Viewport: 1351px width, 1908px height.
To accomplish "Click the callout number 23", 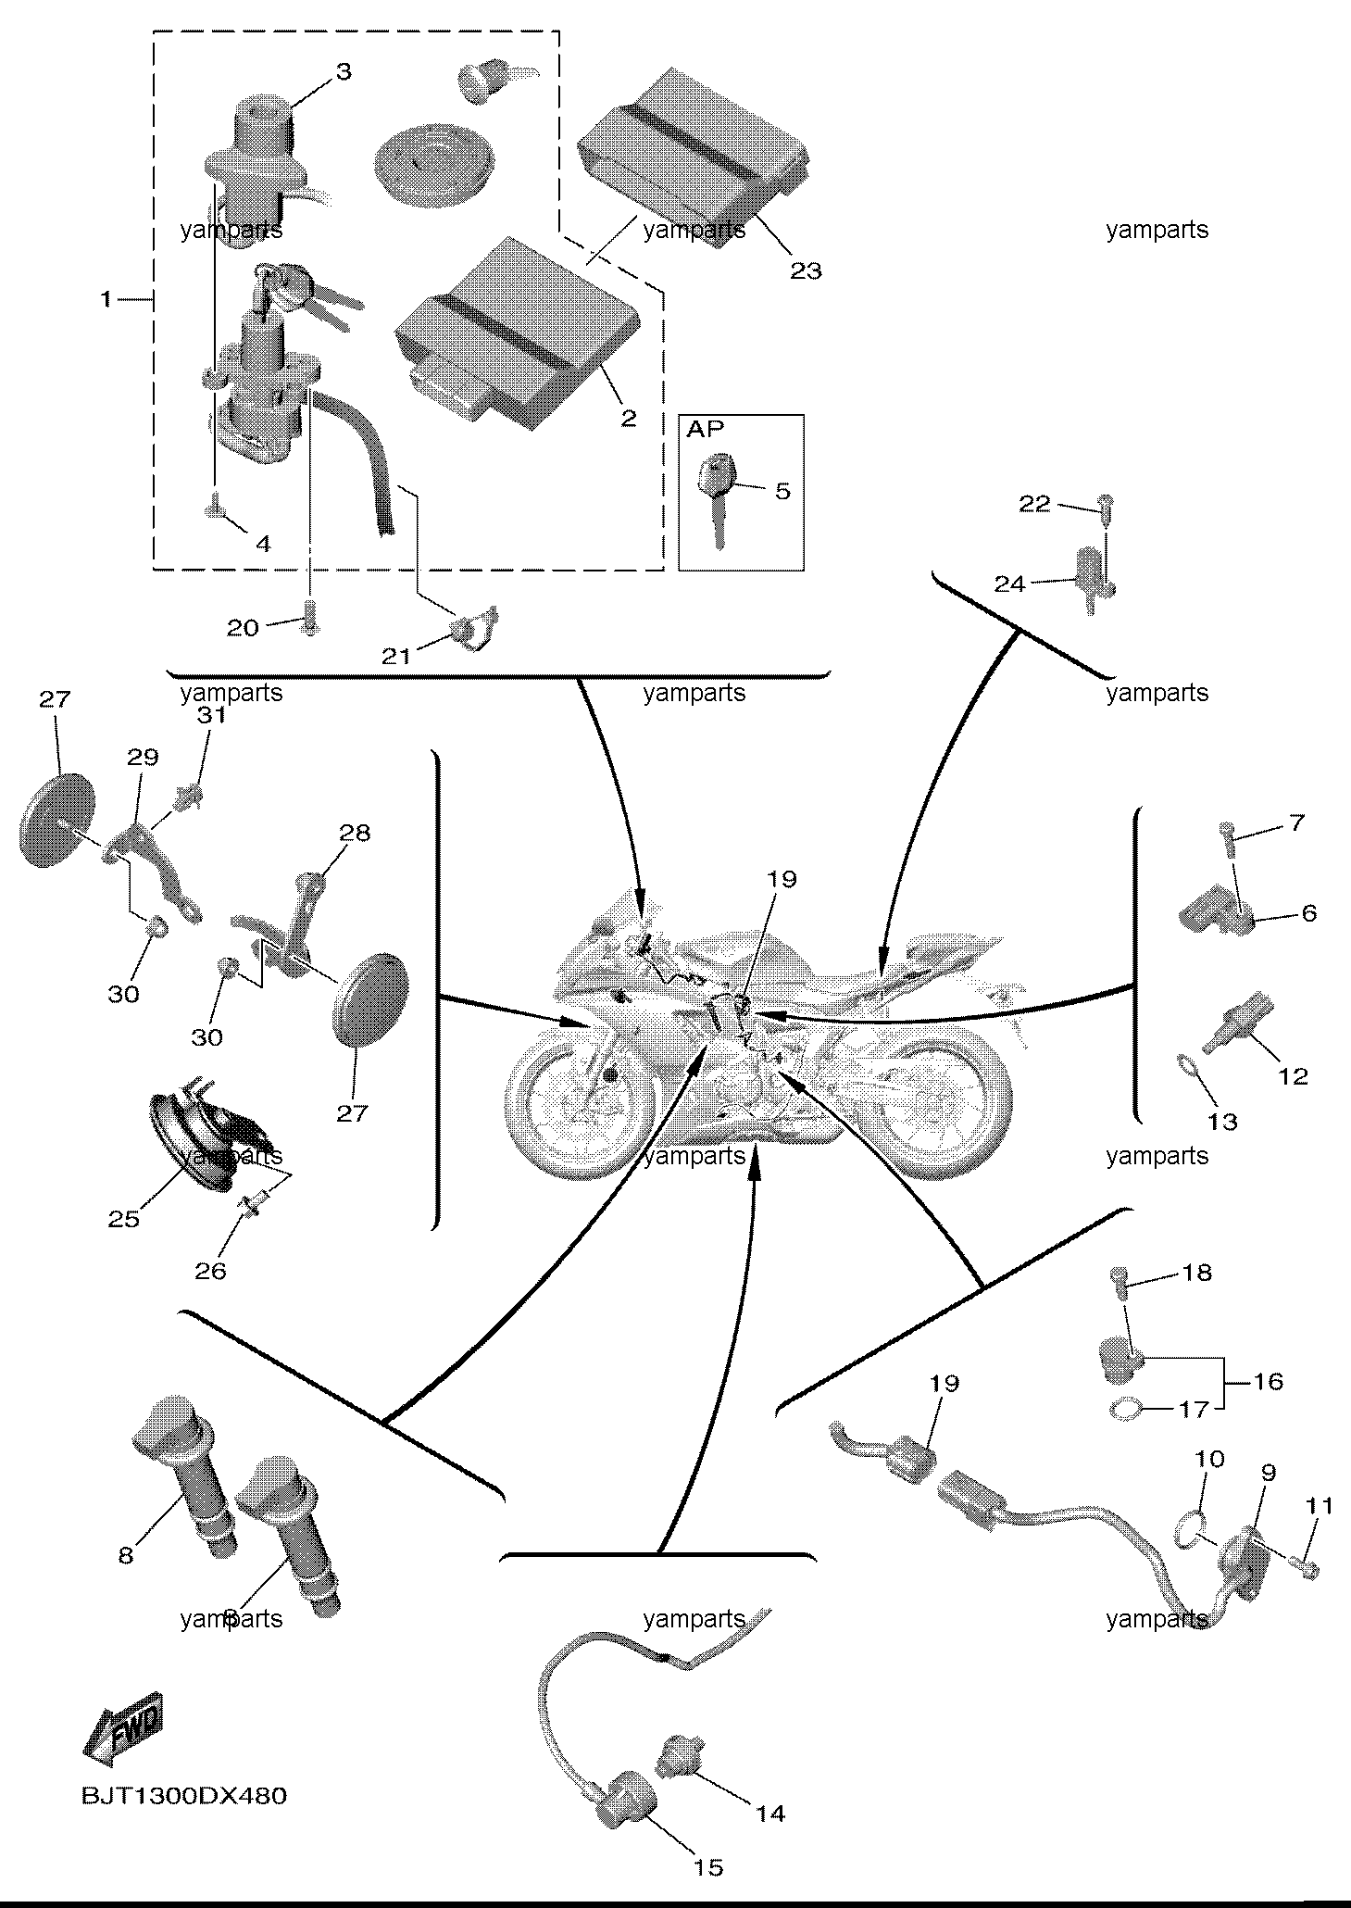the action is pos(806,271).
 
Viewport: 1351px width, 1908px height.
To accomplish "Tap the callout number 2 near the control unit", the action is pos(629,418).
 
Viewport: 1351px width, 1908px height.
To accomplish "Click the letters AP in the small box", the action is pos(706,429).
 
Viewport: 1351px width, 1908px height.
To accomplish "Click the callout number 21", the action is pos(396,657).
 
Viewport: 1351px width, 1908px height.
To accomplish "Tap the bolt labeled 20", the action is pos(311,615).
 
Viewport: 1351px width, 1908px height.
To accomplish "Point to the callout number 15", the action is pos(708,1867).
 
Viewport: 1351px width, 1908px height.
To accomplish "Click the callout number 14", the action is pos(770,1813).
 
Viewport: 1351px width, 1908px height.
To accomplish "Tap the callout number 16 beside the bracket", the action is pos(1269,1382).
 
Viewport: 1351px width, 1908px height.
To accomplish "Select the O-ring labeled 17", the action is pos(1125,1411).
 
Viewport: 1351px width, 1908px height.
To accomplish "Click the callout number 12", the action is pos(1293,1076).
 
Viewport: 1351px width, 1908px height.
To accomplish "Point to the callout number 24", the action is pos(1010,584).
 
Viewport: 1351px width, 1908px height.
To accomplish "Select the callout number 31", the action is pos(210,716).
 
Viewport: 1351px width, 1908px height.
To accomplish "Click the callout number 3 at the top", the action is pos(344,72).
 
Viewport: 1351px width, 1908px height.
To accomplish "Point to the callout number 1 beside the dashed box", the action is pos(107,299).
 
